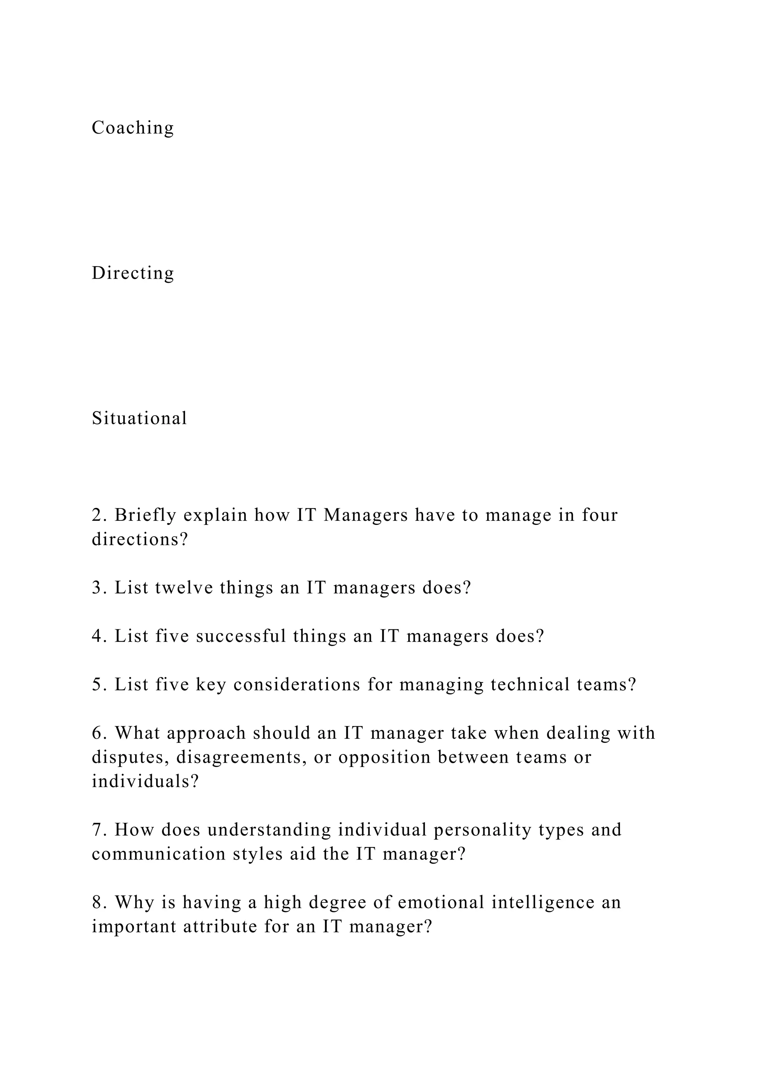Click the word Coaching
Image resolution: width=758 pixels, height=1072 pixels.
[x=133, y=128]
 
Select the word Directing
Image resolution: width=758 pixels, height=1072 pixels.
[x=133, y=273]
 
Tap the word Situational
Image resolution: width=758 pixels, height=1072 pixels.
[x=139, y=418]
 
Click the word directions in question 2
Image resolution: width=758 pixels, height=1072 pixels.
[x=139, y=539]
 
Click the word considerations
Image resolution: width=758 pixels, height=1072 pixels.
[x=297, y=684]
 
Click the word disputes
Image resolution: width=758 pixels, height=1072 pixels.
[x=130, y=757]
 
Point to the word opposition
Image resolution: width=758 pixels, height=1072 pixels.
[x=384, y=757]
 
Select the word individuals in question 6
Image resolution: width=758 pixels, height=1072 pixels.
[x=145, y=781]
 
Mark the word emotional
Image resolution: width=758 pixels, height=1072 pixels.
[x=441, y=902]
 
